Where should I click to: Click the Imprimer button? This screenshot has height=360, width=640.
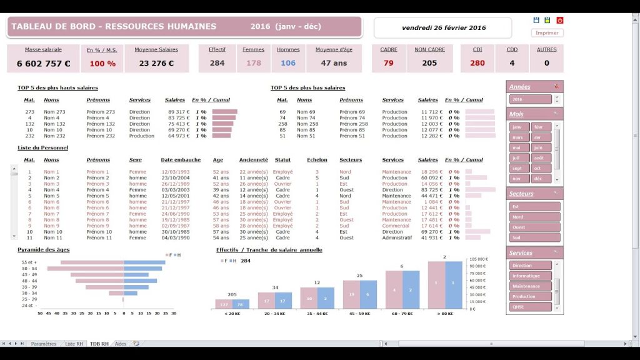point(547,32)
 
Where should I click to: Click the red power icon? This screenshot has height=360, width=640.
point(559,21)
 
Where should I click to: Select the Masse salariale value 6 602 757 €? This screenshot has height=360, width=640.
point(43,63)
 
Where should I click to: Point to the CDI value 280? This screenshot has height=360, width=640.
point(477,63)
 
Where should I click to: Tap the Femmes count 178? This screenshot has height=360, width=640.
point(254,63)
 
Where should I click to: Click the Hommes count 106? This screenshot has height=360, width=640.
point(288,63)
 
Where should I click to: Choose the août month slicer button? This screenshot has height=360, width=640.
point(538,158)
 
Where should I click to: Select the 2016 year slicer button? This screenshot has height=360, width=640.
point(530,99)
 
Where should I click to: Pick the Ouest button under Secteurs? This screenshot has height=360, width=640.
point(534,227)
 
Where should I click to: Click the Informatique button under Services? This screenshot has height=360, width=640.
point(530,276)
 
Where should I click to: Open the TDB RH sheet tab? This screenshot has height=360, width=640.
point(99,344)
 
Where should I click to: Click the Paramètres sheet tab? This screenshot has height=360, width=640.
point(43,344)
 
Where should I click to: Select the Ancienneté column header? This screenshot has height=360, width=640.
point(253,160)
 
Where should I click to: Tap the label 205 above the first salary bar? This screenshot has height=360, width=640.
point(232,294)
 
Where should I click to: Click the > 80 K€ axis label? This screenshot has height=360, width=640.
point(446,313)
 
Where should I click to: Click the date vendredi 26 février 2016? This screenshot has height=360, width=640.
point(444,27)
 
